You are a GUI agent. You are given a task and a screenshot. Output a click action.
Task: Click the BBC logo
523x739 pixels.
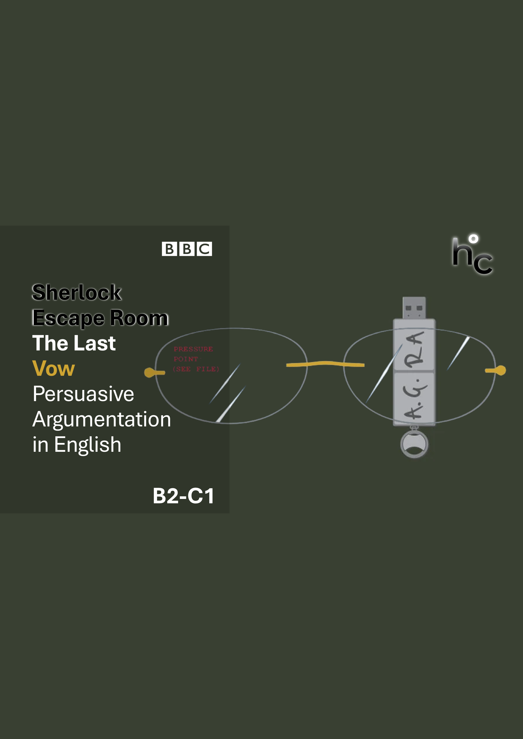coord(187,249)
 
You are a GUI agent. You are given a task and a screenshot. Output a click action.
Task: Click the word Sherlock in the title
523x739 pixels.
coord(77,293)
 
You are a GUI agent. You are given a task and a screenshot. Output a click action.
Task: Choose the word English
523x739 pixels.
coord(88,445)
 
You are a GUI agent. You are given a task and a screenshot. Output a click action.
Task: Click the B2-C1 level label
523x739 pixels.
coord(183,496)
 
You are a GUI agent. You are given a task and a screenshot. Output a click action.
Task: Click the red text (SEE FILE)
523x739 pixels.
coord(196,369)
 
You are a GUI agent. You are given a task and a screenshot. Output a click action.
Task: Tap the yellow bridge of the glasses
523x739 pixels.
coord(325,364)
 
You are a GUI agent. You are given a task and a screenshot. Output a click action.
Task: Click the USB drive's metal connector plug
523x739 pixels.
coord(414,308)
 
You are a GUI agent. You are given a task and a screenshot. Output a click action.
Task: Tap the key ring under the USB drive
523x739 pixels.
coord(414,444)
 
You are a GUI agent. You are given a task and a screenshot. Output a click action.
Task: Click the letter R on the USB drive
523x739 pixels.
coord(414,359)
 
